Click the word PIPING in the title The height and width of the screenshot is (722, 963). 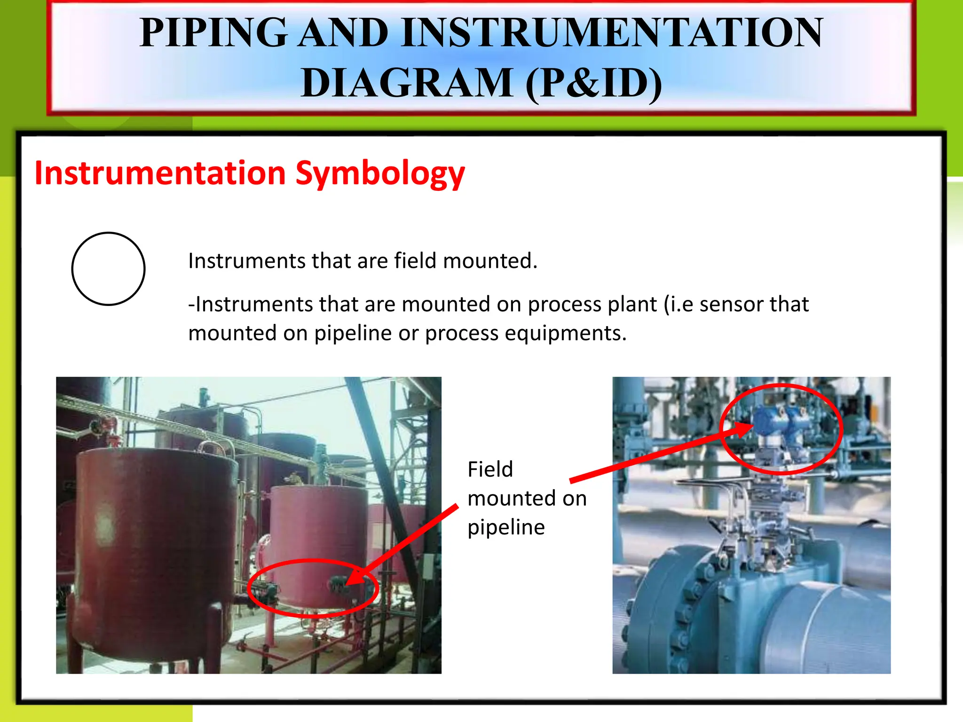point(213,33)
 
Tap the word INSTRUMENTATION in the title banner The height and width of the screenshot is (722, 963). point(612,33)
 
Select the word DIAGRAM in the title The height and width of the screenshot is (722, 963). point(407,83)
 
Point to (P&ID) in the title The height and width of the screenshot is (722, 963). point(594,83)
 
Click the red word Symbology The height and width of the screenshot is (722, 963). point(380,173)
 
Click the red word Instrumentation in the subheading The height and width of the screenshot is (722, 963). point(160,173)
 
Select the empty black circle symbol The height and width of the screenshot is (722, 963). point(108,269)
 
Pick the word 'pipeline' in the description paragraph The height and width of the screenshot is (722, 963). point(353,333)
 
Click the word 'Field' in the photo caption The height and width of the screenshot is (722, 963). point(490,470)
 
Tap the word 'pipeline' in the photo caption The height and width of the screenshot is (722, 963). point(506,527)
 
